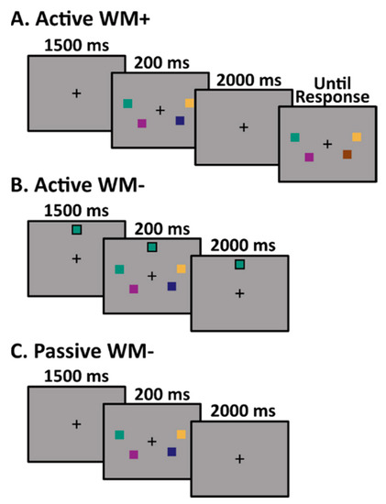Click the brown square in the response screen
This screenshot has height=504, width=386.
coord(347,154)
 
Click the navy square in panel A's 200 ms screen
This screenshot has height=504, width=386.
coord(180,121)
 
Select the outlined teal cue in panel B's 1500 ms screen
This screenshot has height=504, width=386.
coord(77,230)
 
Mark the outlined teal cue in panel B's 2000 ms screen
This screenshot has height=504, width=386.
coord(238,264)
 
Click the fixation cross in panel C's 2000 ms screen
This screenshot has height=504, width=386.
coord(239,458)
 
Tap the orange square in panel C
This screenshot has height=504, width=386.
coord(182,434)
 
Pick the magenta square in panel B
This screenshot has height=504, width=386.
coord(134,289)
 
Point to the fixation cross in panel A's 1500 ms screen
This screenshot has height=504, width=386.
coord(76,93)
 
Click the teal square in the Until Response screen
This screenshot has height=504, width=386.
coord(294,137)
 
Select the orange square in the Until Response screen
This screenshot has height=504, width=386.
coord(357,137)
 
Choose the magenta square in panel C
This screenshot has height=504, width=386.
coord(134,454)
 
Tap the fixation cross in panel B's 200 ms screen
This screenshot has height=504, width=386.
coord(152,276)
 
